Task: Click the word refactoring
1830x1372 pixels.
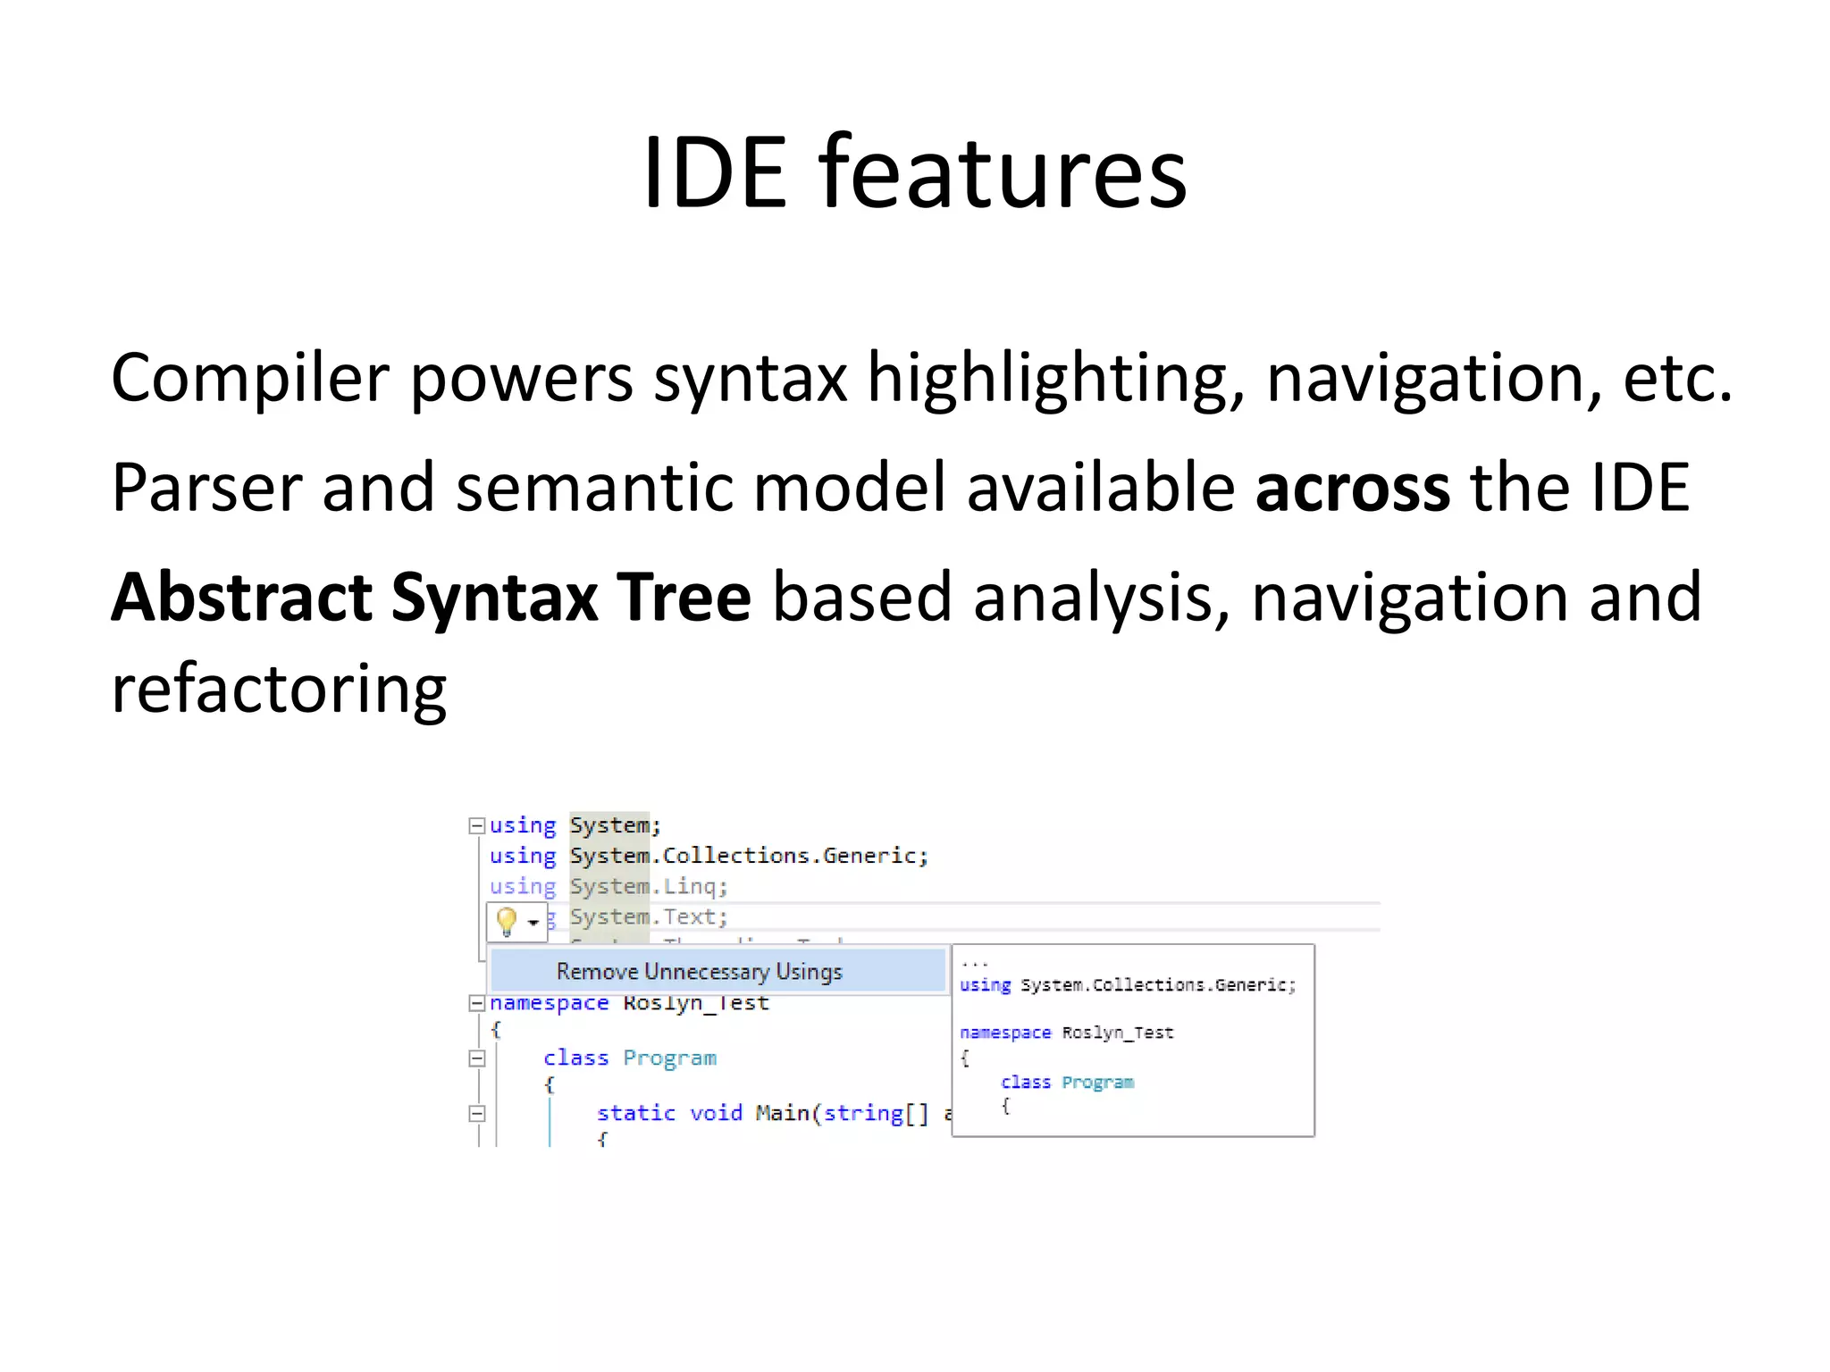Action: coord(278,690)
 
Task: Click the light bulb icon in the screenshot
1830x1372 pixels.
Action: coord(506,921)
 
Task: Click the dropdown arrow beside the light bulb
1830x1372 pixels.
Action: coord(533,922)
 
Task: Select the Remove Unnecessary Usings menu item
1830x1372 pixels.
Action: coord(699,971)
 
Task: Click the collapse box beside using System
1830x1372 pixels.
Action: coord(477,825)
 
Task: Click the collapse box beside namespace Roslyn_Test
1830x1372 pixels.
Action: coord(477,1003)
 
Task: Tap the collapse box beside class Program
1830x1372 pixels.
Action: coord(477,1058)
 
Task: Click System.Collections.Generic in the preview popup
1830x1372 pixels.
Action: coord(1157,984)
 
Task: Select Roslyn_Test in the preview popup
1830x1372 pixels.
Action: coord(1117,1033)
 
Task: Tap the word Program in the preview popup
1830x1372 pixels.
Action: coord(1097,1082)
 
